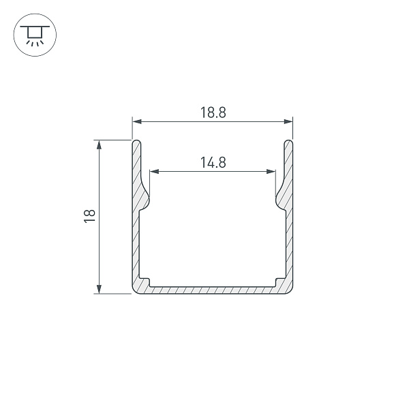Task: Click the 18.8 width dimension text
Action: [213, 112]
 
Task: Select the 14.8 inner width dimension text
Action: [213, 162]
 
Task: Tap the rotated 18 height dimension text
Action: [89, 216]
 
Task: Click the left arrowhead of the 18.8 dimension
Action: [137, 121]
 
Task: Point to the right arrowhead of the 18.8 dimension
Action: [288, 121]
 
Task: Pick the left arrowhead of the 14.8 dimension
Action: [155, 171]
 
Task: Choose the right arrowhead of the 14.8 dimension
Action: [271, 171]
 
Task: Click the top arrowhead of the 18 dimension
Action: [99, 145]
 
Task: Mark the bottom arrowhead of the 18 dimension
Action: [99, 289]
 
